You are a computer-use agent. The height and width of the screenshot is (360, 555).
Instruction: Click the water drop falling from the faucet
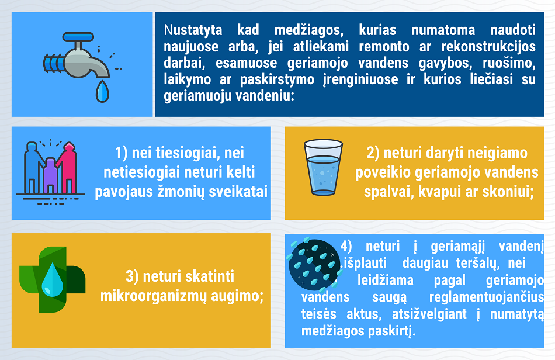[x=102, y=91]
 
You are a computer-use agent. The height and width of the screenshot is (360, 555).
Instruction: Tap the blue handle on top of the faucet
[x=78, y=36]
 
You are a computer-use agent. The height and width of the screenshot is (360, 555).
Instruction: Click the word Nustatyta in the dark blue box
[x=193, y=30]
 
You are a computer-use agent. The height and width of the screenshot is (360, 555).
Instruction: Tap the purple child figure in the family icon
[x=51, y=175]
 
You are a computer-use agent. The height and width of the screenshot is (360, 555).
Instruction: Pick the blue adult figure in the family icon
[x=33, y=167]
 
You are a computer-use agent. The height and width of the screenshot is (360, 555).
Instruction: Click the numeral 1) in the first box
[x=121, y=153]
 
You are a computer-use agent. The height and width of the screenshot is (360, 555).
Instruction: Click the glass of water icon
[x=323, y=167]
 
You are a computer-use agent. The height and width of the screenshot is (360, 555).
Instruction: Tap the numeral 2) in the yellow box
[x=373, y=153]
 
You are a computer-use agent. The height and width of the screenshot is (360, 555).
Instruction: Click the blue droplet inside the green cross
[x=53, y=279]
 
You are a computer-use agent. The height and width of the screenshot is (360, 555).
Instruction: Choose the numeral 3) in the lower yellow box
[x=132, y=276]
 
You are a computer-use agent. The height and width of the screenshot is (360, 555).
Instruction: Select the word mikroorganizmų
[x=153, y=296]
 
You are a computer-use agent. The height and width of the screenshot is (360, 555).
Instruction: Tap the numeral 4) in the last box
[x=346, y=246]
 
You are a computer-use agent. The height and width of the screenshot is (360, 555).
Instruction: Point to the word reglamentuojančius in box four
[x=487, y=297]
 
